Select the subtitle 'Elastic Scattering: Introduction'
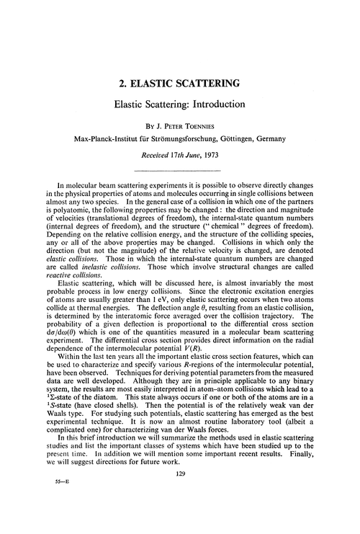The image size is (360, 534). coord(180,104)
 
